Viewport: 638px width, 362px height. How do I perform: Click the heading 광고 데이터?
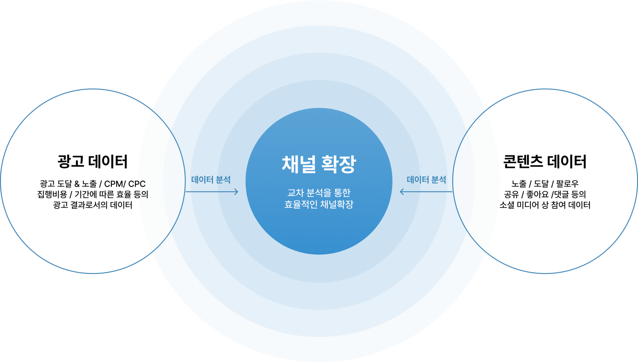point(93,162)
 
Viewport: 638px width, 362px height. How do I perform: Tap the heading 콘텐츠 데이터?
point(545,162)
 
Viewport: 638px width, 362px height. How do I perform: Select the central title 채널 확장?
point(319,164)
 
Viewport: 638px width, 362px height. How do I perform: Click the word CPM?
point(113,184)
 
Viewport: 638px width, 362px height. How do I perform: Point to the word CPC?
point(137,184)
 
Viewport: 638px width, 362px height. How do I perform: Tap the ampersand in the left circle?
point(77,184)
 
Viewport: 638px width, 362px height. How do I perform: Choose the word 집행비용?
point(52,194)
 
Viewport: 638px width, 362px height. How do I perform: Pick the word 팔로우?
point(568,184)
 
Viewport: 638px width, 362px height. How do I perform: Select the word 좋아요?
point(538,194)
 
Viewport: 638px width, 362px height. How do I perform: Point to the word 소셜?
point(507,205)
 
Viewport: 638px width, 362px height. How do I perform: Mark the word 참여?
point(558,205)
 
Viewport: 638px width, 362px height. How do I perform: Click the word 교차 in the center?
point(295,193)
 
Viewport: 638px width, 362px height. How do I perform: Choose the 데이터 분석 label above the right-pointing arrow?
point(211,180)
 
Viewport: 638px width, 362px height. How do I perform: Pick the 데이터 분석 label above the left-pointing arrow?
point(426,180)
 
